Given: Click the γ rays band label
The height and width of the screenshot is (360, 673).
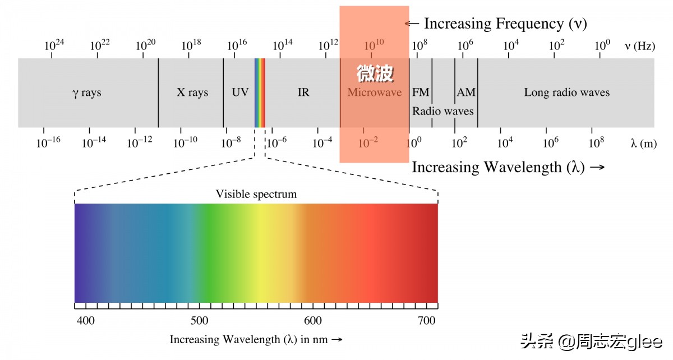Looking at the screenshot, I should point(87,93).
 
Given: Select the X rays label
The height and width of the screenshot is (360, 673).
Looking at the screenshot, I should point(192,93).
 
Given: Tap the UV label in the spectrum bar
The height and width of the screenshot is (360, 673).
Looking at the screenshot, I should point(240,93).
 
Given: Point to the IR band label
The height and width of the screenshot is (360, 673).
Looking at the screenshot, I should point(303,93).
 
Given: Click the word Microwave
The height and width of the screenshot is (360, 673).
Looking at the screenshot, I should point(374,93).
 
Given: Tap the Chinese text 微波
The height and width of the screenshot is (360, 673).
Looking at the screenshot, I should point(375,73).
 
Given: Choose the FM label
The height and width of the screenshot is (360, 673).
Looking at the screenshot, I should point(421,93).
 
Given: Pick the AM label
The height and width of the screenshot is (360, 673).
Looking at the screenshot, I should point(466,93).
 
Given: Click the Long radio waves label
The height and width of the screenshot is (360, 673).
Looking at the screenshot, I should point(566,93).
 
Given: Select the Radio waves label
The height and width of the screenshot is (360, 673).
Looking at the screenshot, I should point(443,111).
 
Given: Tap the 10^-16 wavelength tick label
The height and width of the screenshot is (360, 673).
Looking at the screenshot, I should point(48,143).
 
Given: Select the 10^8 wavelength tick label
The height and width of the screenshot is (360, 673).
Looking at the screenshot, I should point(596,143).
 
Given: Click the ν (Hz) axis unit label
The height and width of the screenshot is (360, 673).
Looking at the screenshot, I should point(639,47).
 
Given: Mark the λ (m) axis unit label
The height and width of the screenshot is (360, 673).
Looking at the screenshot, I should point(643,144).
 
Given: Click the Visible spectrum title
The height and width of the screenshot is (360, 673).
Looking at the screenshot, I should point(256,195).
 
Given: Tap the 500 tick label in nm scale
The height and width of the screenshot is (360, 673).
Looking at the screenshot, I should point(199,321).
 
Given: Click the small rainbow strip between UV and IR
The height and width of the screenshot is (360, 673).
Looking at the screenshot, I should point(260,93).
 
